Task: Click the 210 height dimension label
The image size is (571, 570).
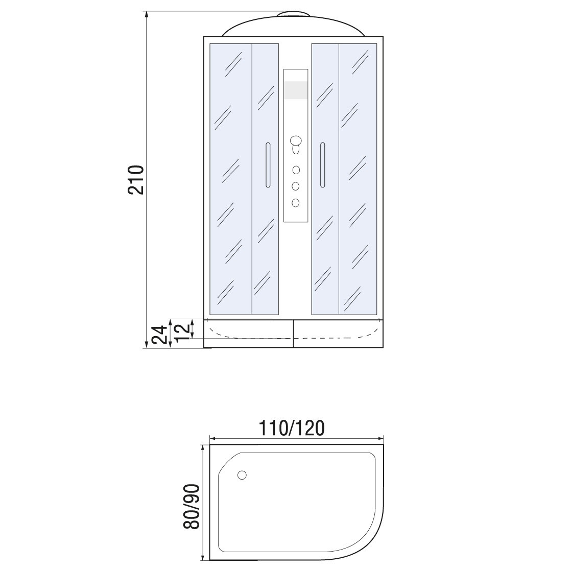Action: coord(136,180)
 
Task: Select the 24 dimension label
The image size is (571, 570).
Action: coord(160,335)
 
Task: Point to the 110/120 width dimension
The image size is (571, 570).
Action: coord(291,428)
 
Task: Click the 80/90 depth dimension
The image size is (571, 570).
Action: coord(192,506)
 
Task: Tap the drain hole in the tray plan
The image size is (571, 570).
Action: coord(242,475)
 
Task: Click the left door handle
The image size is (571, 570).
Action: coord(268,165)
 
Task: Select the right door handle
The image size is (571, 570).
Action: coord(322,165)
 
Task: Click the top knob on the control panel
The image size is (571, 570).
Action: coord(296,140)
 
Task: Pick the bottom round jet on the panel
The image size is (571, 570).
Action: coord(296,202)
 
